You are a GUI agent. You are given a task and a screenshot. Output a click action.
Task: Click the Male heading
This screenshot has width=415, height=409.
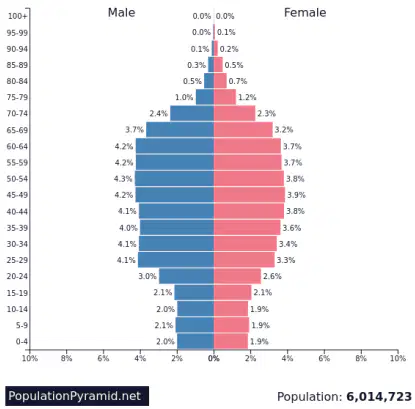tap(121, 13)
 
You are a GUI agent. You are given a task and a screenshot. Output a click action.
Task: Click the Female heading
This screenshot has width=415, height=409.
tap(305, 13)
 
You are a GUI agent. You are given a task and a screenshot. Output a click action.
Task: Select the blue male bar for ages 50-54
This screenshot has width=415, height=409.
tap(174, 179)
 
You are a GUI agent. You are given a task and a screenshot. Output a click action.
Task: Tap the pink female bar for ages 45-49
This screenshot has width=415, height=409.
tap(249, 195)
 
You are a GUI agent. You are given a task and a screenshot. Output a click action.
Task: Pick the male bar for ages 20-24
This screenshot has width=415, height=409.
tap(186, 276)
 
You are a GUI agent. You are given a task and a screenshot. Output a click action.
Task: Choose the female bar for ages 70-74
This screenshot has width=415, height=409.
tap(235, 113)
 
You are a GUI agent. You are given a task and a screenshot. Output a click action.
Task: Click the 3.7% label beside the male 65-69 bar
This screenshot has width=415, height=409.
tap(135, 130)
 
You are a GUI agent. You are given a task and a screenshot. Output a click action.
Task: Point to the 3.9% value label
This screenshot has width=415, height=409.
tap(296, 195)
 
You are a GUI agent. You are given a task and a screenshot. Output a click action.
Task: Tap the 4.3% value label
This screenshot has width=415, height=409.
tap(123, 179)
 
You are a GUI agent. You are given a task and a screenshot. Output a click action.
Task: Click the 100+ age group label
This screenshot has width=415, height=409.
tap(17, 16)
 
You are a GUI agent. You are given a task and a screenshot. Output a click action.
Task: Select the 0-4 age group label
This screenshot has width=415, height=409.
tap(22, 341)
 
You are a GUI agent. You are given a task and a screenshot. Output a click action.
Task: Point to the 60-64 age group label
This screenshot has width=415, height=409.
tap(17, 146)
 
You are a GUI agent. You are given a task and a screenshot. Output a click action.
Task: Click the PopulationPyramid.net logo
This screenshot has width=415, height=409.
tap(77, 396)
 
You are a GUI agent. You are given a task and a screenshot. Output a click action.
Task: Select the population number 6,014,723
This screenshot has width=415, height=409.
tap(379, 397)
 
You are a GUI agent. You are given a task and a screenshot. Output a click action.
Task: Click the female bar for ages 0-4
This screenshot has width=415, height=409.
tap(231, 341)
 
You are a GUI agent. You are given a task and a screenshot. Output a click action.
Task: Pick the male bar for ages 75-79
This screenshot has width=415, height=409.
tap(205, 97)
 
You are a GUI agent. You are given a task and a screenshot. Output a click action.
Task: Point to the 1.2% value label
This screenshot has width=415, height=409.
tap(247, 97)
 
